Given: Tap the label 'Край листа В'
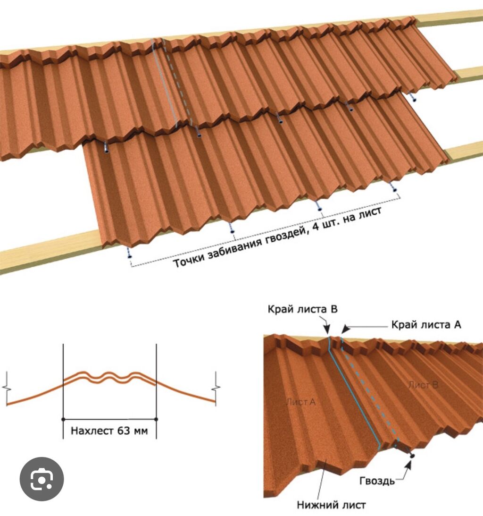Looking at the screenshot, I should [302, 310].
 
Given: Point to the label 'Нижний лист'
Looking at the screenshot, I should [331, 505].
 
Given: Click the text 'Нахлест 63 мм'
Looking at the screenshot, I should [109, 431].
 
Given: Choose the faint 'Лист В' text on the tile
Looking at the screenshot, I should [423, 385].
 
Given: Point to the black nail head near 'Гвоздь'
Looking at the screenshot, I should [412, 456].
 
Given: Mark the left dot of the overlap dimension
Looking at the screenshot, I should [63, 419].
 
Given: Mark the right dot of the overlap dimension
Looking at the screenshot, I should [156, 419].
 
